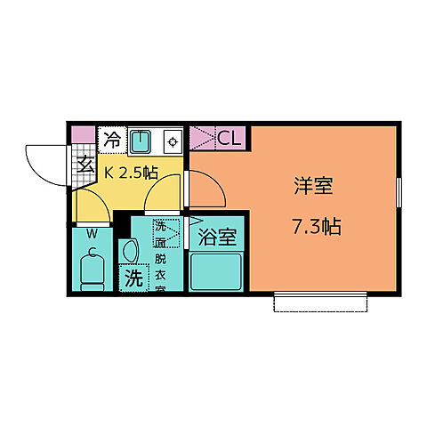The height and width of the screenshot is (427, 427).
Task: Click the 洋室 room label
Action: (313, 188)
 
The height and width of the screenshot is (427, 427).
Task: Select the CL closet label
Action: (229, 138)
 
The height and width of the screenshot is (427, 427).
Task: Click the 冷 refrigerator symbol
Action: (113, 139)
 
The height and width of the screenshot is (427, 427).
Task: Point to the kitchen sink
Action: (141, 140)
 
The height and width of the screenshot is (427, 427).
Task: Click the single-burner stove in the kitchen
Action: (172, 140)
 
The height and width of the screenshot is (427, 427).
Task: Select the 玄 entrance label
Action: (86, 164)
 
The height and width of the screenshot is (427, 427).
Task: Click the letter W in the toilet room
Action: (92, 234)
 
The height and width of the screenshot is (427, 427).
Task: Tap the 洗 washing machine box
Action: (133, 278)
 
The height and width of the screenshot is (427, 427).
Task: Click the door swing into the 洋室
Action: (205, 187)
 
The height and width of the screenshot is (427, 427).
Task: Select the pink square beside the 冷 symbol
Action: (84, 134)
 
